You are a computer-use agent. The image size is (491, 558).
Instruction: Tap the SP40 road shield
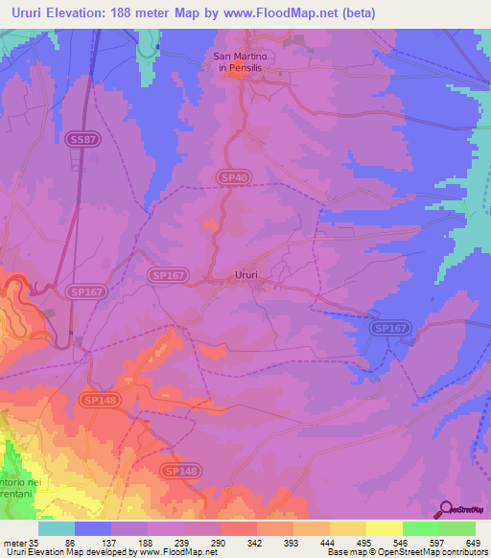(225, 177)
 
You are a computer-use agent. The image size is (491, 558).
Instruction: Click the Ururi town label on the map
(246, 275)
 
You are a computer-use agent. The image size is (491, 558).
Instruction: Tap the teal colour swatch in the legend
(57, 528)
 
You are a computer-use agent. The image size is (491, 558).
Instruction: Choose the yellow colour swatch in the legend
(384, 528)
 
